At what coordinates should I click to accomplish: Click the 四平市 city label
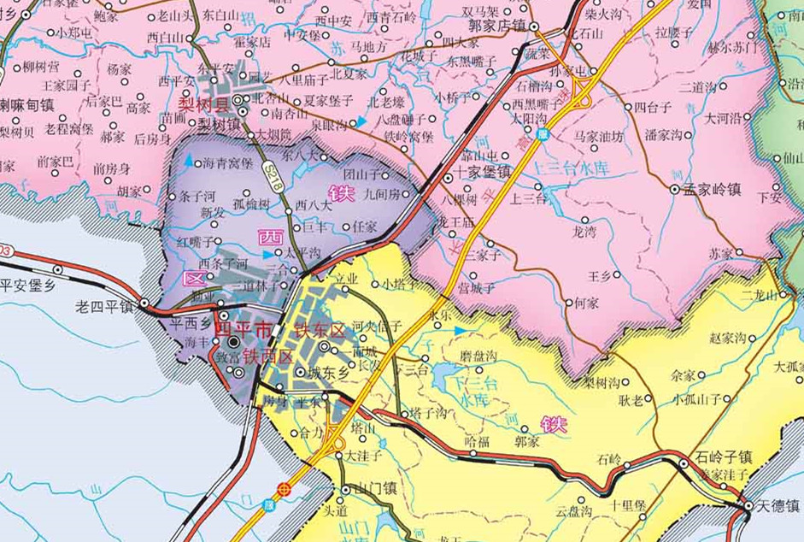tap(243, 328)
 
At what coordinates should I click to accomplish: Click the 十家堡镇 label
tap(484, 171)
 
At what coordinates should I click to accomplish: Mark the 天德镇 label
tap(778, 505)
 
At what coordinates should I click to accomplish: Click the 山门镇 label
tap(377, 490)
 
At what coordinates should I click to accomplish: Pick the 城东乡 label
tap(328, 372)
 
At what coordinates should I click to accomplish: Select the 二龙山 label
tap(760, 296)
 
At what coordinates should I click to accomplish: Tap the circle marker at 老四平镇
tap(144, 303)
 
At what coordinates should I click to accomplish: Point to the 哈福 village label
tap(477, 441)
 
